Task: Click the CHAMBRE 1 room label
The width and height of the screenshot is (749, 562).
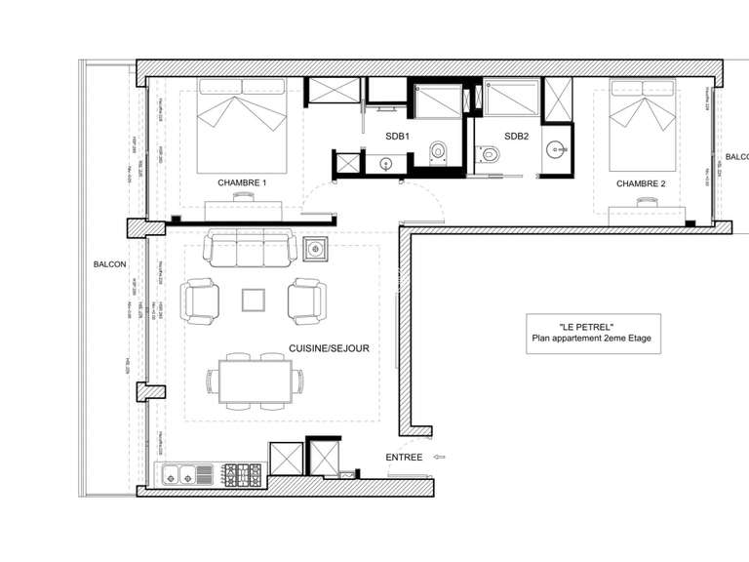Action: click(x=242, y=182)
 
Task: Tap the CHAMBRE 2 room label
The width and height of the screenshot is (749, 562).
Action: click(x=641, y=183)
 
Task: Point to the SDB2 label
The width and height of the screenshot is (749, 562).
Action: click(x=516, y=137)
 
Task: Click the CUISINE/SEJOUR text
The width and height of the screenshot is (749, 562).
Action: click(x=329, y=347)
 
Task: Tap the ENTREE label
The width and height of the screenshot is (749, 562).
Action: click(x=404, y=457)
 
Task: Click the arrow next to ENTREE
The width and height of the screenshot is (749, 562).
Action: click(x=439, y=456)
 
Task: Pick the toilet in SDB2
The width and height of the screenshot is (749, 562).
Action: click(x=490, y=152)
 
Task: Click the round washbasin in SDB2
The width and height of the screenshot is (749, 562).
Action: click(x=556, y=149)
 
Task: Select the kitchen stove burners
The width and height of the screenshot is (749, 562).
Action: click(x=243, y=475)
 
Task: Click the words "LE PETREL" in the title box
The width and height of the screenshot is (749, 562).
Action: click(x=587, y=326)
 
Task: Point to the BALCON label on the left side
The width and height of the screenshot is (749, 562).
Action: click(x=109, y=264)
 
